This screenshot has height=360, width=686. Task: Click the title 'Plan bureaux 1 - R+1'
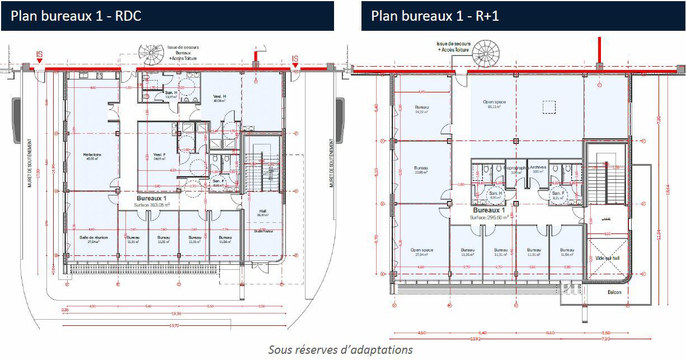tap(435, 16)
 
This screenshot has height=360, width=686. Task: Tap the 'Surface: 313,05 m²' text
tap(151, 205)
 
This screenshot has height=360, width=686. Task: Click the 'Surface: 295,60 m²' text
tap(489, 217)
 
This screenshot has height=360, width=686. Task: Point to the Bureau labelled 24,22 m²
tap(421, 109)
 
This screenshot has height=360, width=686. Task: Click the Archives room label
tap(537, 167)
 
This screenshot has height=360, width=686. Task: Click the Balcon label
tap(614, 292)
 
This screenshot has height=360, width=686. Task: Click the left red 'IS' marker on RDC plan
tap(39, 55)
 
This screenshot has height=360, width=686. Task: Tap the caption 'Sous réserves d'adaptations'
tap(340, 350)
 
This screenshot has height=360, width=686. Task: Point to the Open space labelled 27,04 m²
tap(421, 252)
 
